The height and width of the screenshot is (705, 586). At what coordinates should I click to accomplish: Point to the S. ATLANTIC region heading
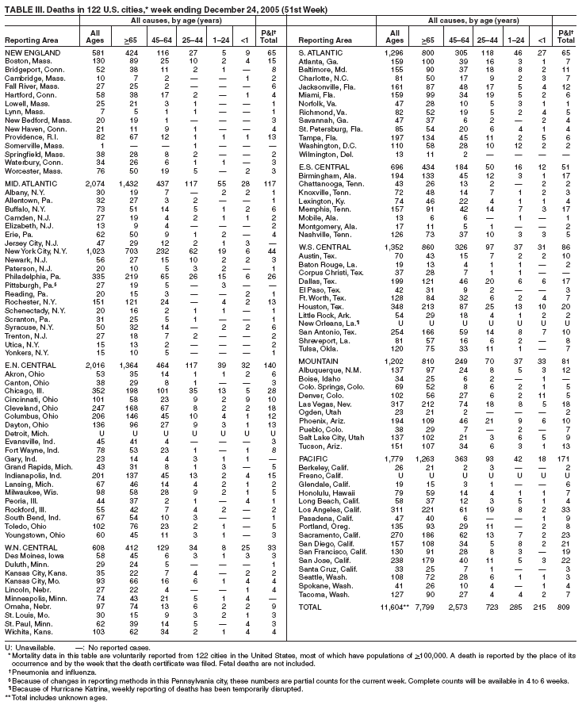320,52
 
